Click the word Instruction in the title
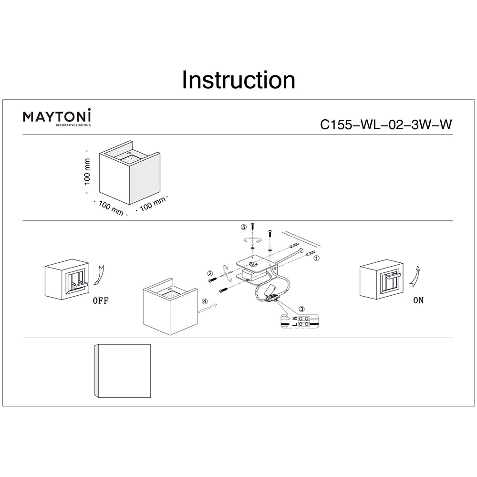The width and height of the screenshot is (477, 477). coord(238,80)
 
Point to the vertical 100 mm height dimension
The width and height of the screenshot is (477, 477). coord(87,172)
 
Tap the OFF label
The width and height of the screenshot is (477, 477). coord(100,301)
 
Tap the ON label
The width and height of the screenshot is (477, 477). coord(418,301)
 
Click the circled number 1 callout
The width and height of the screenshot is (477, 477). coord(316,258)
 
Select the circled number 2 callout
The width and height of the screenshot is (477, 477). coord(210,273)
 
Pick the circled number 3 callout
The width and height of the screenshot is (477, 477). coord(301,309)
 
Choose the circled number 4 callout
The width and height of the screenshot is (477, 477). coord(205,301)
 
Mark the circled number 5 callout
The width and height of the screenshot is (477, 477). coord(243,227)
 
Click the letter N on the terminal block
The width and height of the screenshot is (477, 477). coord(295,318)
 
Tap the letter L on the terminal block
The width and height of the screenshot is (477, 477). coord(295,325)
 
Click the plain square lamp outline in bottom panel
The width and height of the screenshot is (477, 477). coord(123,371)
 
